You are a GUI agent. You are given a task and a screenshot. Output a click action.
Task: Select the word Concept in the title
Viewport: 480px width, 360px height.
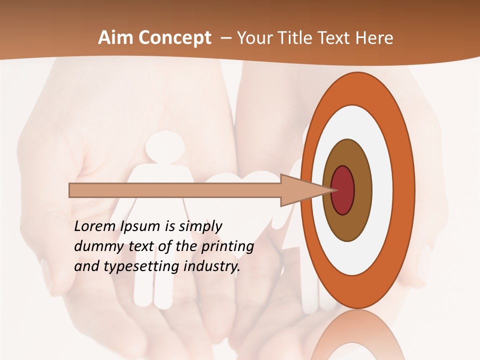tap(174, 38)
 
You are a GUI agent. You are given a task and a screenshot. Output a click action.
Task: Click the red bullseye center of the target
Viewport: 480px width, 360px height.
tap(343, 190)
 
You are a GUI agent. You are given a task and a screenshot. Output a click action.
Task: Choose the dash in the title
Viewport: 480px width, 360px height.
tap(225, 38)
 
